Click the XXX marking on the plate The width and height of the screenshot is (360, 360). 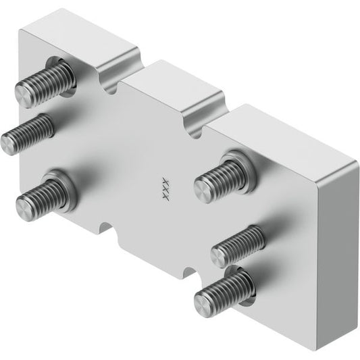click(x=165, y=188)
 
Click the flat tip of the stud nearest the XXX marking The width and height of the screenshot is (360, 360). click(x=202, y=190)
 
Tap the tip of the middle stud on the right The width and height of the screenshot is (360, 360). click(x=220, y=257)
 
